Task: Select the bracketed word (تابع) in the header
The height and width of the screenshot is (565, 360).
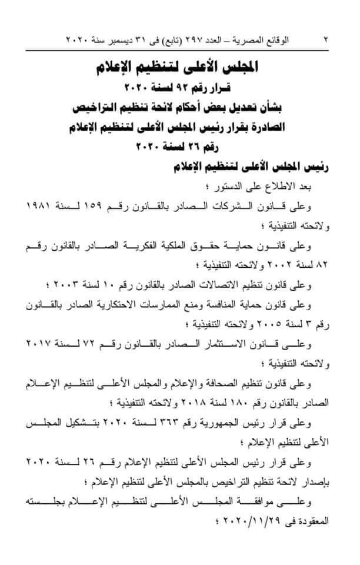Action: click(x=164, y=41)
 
